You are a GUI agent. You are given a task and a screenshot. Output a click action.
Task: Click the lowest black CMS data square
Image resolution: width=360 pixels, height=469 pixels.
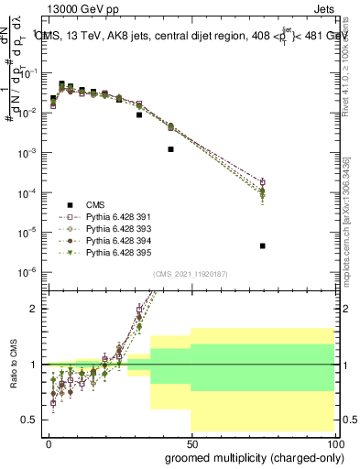pos(263,245)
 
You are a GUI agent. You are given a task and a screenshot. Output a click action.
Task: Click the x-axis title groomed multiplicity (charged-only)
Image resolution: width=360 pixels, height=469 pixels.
pos(250,456)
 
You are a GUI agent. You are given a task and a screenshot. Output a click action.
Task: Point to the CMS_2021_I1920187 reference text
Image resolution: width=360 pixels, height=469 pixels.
pos(190,273)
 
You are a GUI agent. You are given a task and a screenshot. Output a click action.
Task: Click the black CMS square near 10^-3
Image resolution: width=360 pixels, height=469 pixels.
pos(171,148)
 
